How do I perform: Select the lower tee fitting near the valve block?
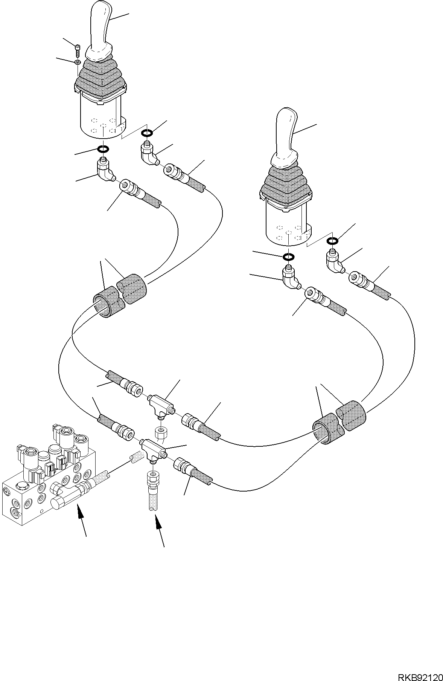(x=154, y=449)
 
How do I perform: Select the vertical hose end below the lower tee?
(x=152, y=490)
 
